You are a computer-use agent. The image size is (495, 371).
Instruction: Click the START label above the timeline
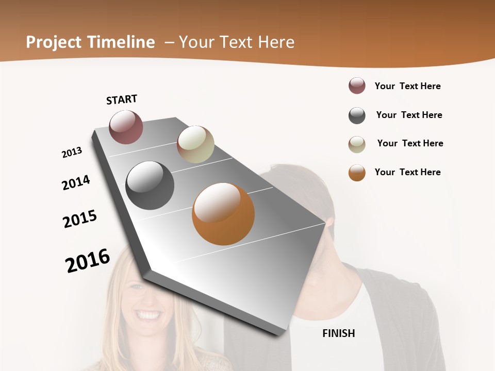pyautogui.click(x=122, y=99)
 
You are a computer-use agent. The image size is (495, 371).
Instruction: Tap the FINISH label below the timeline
pyautogui.click(x=339, y=333)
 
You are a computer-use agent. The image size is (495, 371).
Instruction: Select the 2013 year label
pyautogui.click(x=72, y=153)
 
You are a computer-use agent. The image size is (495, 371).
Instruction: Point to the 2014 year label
pyautogui.click(x=76, y=182)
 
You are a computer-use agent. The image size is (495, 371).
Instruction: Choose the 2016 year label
pyautogui.click(x=88, y=261)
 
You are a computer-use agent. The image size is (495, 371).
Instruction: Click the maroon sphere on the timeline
pyautogui.click(x=126, y=127)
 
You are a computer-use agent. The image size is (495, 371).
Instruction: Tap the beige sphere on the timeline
pyautogui.click(x=195, y=144)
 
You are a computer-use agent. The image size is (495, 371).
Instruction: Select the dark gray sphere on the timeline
pyautogui.click(x=150, y=185)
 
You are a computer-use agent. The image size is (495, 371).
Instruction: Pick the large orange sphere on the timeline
pyautogui.click(x=223, y=214)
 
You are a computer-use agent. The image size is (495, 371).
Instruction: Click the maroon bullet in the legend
pyautogui.click(x=357, y=86)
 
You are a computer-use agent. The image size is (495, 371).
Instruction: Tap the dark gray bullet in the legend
pyautogui.click(x=357, y=115)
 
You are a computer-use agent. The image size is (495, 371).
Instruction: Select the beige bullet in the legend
pyautogui.click(x=357, y=144)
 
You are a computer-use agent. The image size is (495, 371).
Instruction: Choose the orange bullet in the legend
pyautogui.click(x=357, y=173)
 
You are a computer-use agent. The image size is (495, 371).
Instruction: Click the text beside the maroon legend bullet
pyautogui.click(x=407, y=86)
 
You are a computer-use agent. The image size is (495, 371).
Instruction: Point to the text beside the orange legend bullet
pyautogui.click(x=407, y=172)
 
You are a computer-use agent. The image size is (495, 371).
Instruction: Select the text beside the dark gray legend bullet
pyautogui.click(x=409, y=115)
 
